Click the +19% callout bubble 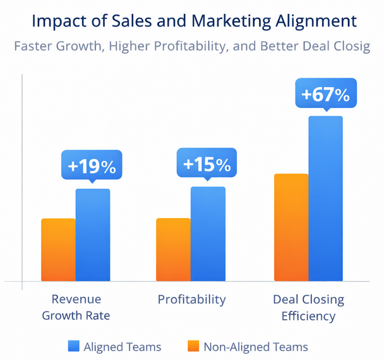[92, 166]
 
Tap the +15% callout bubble [207, 164]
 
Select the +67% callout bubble [325, 95]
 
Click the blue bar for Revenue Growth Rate [93, 235]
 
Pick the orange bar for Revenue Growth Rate [58, 249]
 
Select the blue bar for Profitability [208, 234]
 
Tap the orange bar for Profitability [173, 249]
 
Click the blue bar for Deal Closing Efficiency [325, 198]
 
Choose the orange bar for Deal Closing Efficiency [291, 227]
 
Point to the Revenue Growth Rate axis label [76, 307]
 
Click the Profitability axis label [191, 299]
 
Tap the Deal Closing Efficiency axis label [308, 307]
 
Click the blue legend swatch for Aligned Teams [74, 346]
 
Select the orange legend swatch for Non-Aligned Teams [193, 346]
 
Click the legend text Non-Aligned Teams [256, 347]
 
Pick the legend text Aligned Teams [123, 347]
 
